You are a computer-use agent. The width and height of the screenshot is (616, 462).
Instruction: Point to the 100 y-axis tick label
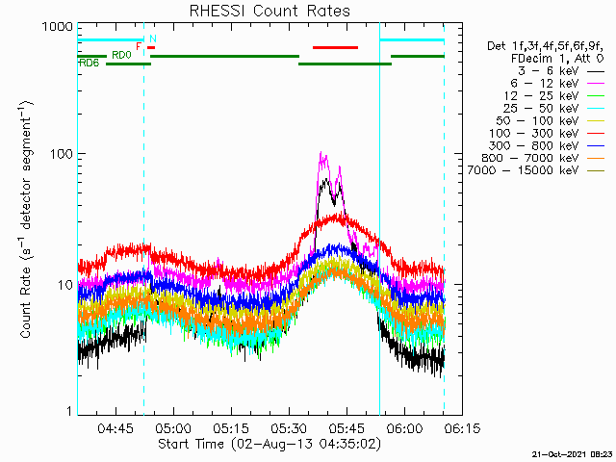[x=61, y=154]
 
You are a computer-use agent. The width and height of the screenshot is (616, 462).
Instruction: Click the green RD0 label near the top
[x=121, y=55]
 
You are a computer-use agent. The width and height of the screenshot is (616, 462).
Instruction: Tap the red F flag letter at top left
[x=139, y=46]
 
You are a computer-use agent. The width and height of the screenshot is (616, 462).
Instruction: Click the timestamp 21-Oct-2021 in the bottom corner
[x=572, y=453]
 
